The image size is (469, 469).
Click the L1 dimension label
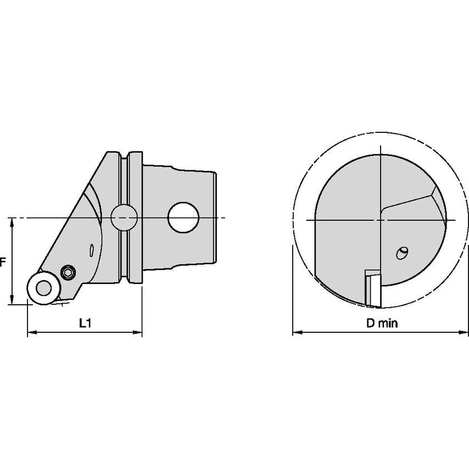[x=85, y=323]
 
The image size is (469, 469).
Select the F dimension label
[x=3, y=263]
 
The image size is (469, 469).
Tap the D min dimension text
[x=382, y=323]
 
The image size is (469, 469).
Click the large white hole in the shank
[x=183, y=217]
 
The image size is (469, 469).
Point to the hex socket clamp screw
[x=68, y=272]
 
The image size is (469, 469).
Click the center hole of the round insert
[x=44, y=288]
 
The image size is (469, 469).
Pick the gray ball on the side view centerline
[x=124, y=217]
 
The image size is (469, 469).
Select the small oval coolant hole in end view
[x=401, y=253]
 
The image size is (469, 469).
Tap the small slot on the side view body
[x=92, y=250]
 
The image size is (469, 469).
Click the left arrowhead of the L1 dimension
[x=32, y=332]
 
